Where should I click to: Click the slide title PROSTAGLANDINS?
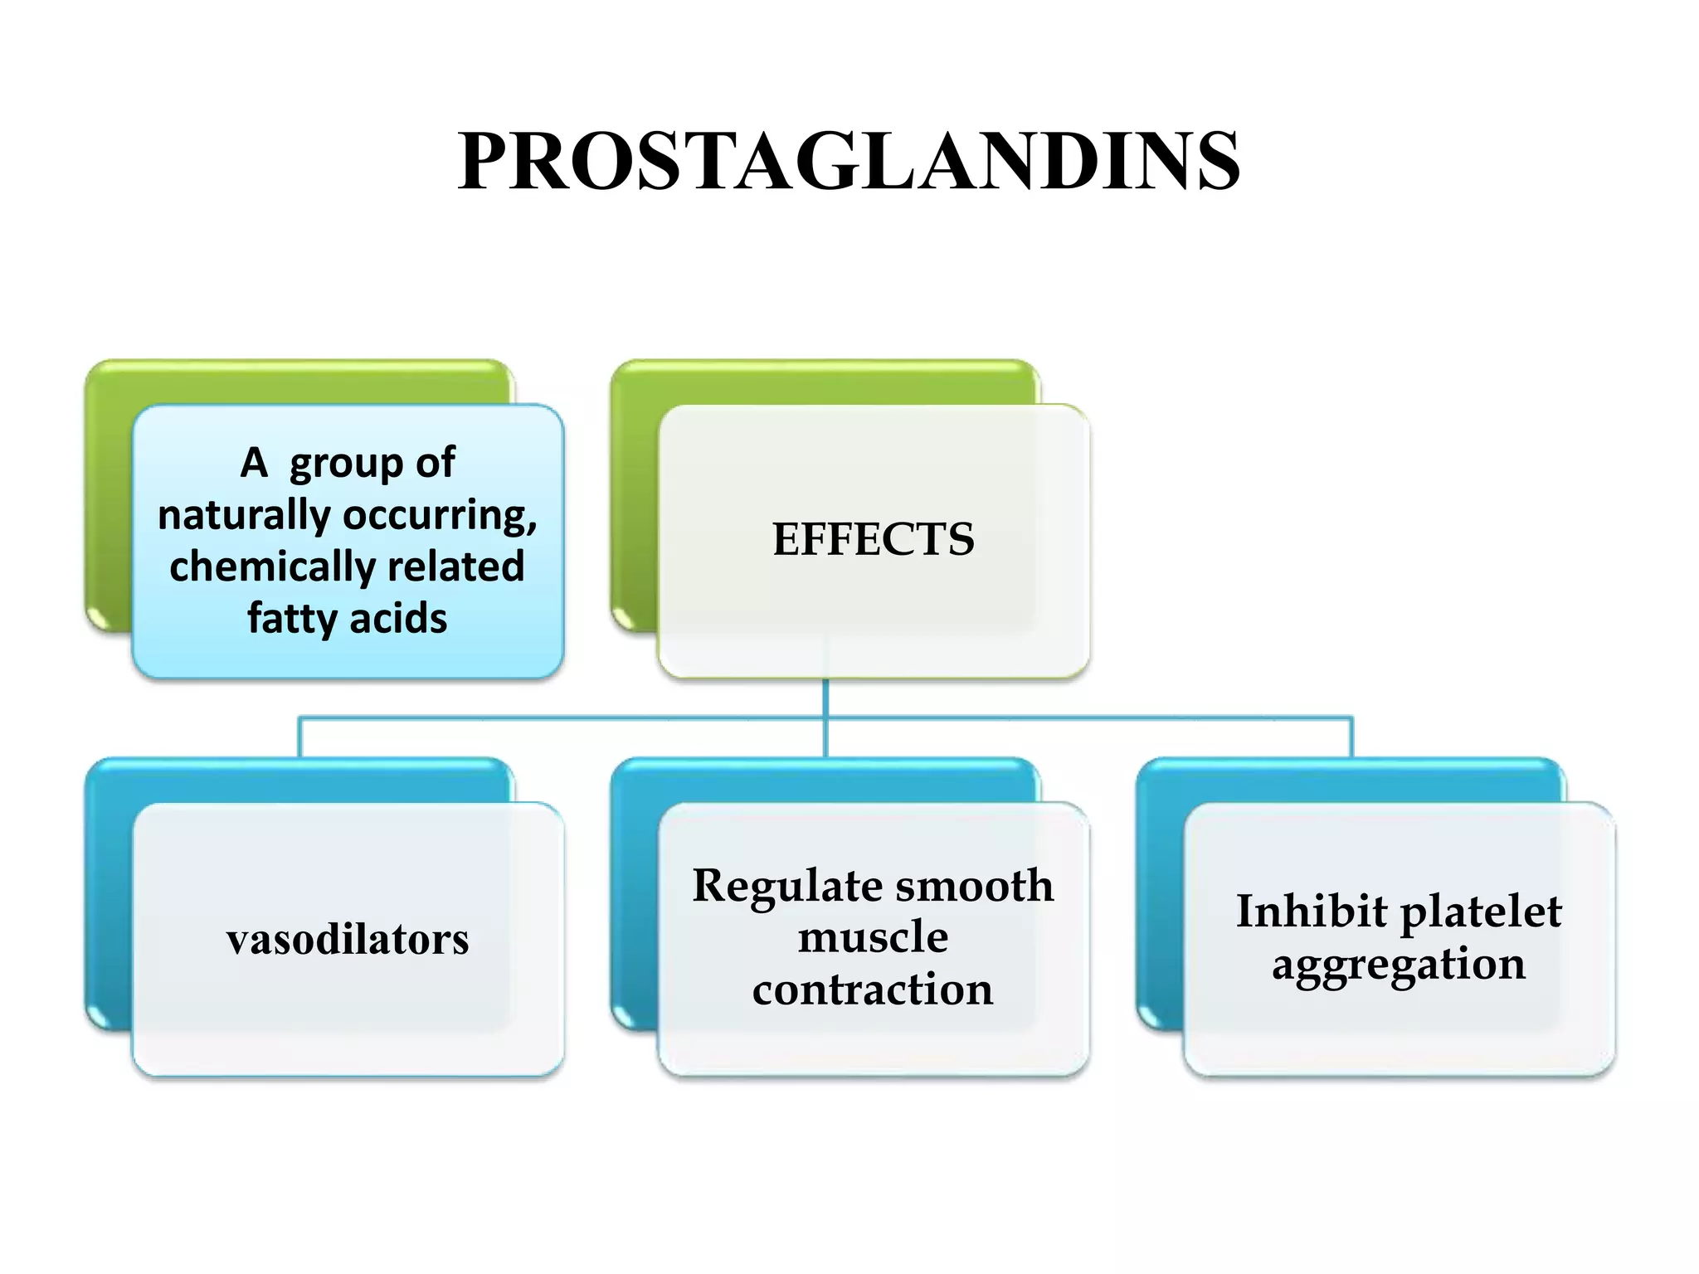(x=849, y=161)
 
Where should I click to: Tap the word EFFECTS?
(x=873, y=539)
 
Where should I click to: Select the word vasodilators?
(x=348, y=940)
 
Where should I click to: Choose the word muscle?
(x=873, y=937)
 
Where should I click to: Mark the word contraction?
(x=873, y=990)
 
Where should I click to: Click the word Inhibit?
(x=1311, y=912)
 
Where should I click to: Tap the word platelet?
(x=1481, y=912)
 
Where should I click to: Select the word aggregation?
(x=1399, y=965)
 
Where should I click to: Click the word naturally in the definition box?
(x=244, y=516)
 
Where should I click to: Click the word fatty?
(x=290, y=619)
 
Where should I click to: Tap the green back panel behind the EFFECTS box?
(x=635, y=498)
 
